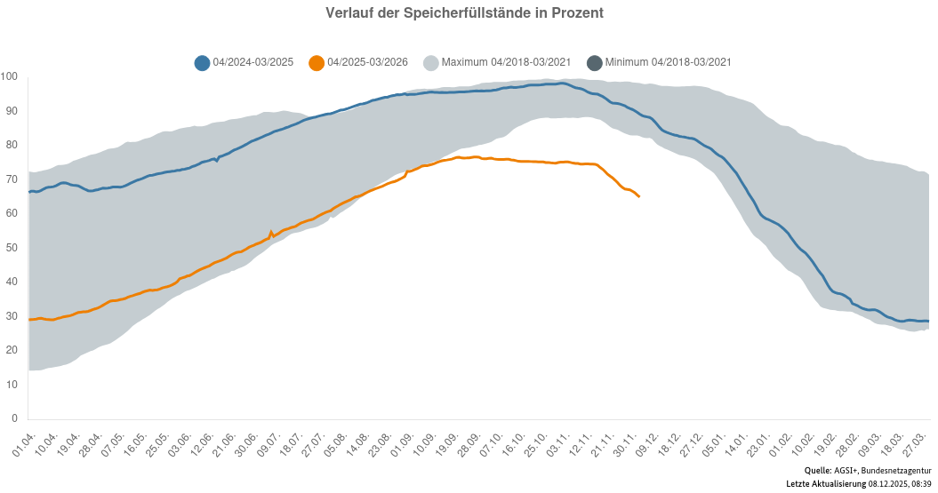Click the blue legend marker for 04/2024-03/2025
tap(202, 62)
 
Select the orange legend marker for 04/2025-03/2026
tap(316, 62)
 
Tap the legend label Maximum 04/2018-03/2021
tap(505, 62)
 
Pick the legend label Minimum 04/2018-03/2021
tap(668, 62)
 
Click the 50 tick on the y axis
tap(12, 248)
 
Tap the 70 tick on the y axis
tap(12, 179)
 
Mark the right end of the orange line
tap(639, 196)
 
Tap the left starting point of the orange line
tap(29, 319)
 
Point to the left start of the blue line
tap(29, 192)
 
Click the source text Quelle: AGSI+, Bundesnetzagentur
tap(868, 470)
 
